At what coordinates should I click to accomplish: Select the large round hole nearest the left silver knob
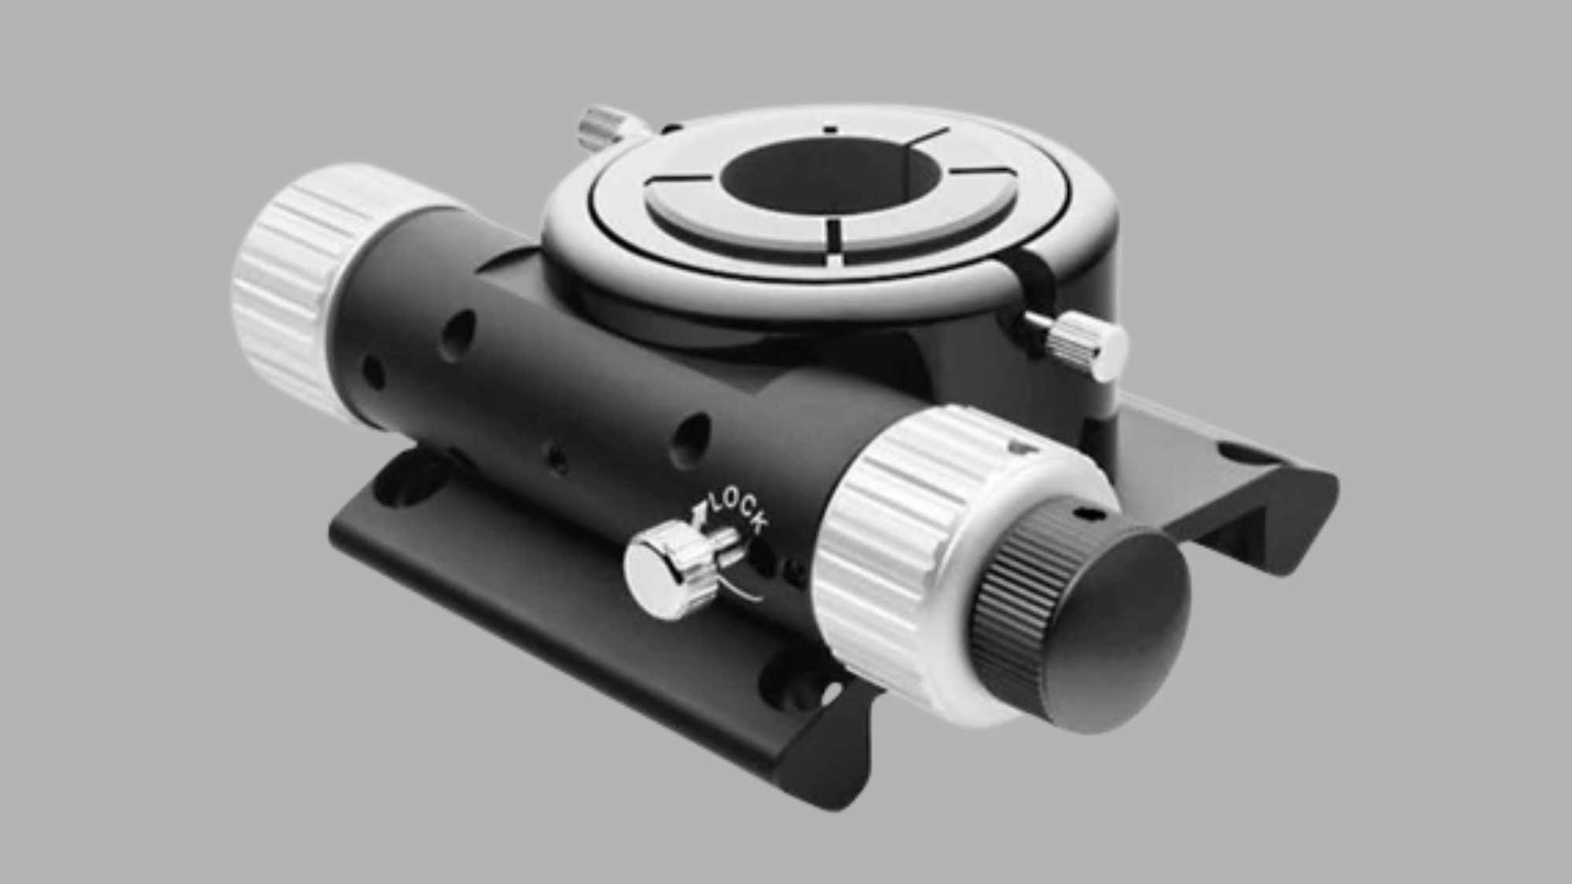pyautogui.click(x=458, y=334)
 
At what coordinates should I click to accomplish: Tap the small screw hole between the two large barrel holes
pyautogui.click(x=557, y=460)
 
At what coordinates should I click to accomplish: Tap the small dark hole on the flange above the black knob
pyautogui.click(x=1089, y=514)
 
